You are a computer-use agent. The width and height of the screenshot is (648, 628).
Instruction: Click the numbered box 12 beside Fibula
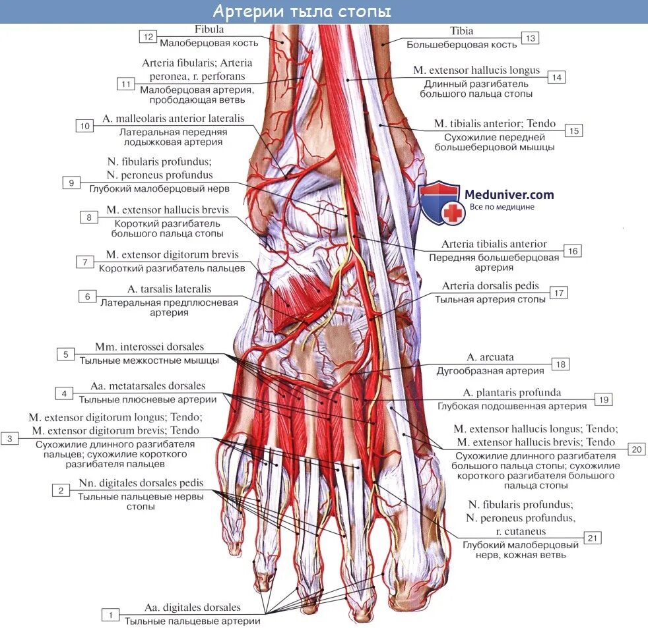pos(148,37)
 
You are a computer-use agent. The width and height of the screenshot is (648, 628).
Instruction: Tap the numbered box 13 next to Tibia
pos(530,38)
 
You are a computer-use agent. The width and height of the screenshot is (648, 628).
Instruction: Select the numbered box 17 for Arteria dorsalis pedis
pos(559,293)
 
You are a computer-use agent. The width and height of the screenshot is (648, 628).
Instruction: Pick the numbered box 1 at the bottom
pos(110,614)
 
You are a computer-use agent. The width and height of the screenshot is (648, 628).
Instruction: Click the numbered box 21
pos(593,538)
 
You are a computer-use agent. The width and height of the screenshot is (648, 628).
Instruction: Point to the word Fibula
pos(209,30)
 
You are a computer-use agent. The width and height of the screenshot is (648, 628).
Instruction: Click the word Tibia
pos(461,31)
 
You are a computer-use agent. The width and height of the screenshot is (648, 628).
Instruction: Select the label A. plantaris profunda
pos(512,393)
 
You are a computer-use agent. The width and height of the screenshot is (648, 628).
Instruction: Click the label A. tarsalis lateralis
pos(170,289)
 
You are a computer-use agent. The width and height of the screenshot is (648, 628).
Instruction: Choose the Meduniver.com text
pos(509,194)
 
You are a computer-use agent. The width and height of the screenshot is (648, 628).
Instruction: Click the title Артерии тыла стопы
pos(302,12)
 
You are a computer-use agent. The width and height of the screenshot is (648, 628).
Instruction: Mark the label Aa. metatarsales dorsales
pos(148,386)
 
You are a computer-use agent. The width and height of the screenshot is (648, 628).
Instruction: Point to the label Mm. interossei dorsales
pos(149,347)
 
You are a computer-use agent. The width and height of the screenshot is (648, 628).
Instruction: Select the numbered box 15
pos(574,130)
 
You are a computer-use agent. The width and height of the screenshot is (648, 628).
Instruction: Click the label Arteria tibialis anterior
pos(494,244)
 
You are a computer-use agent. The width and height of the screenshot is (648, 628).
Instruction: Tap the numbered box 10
pos(84,126)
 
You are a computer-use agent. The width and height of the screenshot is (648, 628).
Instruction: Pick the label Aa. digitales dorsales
pos(193,608)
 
